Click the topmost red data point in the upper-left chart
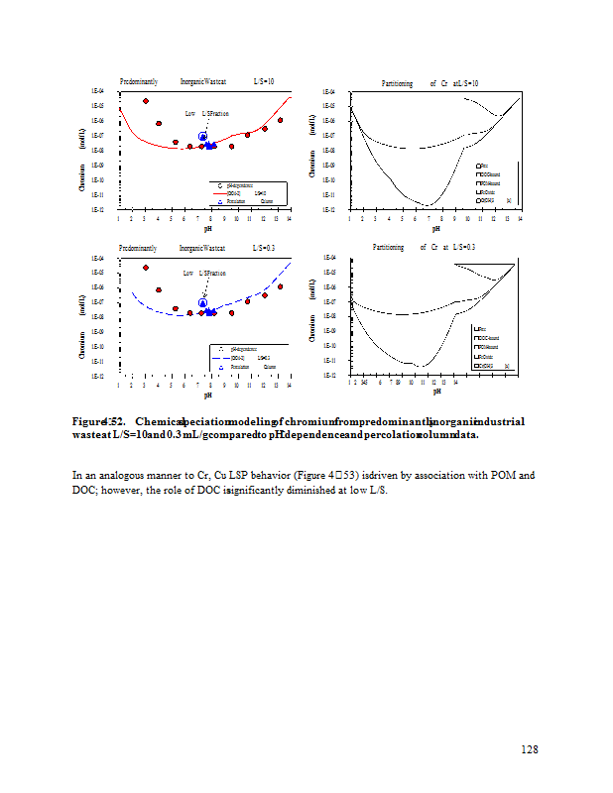[146, 101]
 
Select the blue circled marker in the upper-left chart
[202, 137]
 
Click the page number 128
[530, 749]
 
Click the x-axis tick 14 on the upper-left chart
[289, 218]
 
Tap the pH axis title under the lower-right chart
[435, 393]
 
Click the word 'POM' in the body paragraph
[499, 475]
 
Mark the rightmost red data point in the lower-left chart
[281, 286]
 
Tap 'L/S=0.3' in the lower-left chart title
[264, 247]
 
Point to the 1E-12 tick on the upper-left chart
[98, 210]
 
